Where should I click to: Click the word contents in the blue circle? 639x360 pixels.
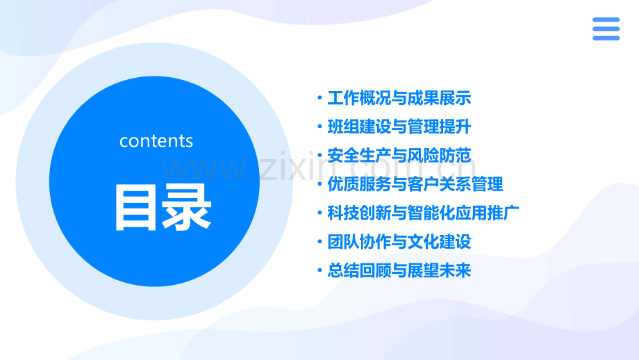[156, 141]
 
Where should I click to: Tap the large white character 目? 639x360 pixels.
[135, 208]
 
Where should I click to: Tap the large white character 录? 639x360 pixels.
[187, 207]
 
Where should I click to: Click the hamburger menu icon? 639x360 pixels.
[606, 29]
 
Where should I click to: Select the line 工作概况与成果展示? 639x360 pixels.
[399, 98]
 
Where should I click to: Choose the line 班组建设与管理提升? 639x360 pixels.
[399, 126]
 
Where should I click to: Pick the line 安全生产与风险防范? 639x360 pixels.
[399, 156]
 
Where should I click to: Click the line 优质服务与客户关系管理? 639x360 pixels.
[415, 184]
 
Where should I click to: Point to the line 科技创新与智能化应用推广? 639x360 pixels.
[423, 213]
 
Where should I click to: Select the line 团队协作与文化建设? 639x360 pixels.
[399, 242]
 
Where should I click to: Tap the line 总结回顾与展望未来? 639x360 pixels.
[399, 270]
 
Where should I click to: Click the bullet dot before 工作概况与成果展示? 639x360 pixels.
[320, 98]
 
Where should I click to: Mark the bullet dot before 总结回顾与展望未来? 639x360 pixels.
[320, 270]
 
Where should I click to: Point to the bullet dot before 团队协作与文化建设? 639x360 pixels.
[320, 241]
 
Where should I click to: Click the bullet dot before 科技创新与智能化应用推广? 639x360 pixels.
[320, 213]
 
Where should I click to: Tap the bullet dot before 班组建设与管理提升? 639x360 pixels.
[320, 126]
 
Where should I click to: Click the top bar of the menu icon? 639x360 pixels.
[606, 19]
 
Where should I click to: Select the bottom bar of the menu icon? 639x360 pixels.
[606, 38]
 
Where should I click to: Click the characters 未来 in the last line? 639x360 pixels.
[455, 270]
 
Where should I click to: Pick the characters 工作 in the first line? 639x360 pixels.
[344, 98]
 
